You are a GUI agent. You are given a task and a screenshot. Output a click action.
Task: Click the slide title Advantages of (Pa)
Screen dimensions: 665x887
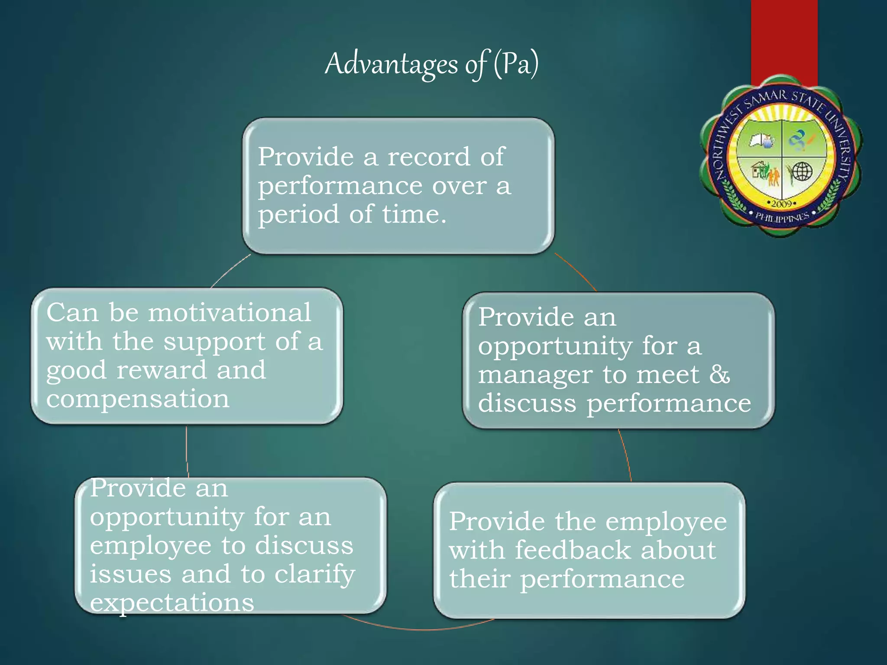[431, 64]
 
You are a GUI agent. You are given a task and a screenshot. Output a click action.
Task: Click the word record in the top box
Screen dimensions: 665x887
[428, 156]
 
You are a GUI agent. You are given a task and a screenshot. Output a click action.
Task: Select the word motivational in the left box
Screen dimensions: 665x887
[230, 312]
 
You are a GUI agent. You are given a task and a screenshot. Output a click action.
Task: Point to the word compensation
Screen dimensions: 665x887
[138, 398]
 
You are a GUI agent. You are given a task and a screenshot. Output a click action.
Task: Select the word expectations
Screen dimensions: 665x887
[172, 603]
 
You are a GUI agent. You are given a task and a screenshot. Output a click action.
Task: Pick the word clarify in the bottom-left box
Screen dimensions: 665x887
[315, 575]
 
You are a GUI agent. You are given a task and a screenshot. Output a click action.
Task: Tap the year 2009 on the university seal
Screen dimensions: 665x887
[782, 203]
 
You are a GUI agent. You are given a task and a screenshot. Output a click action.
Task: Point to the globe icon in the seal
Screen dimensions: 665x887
[802, 171]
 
